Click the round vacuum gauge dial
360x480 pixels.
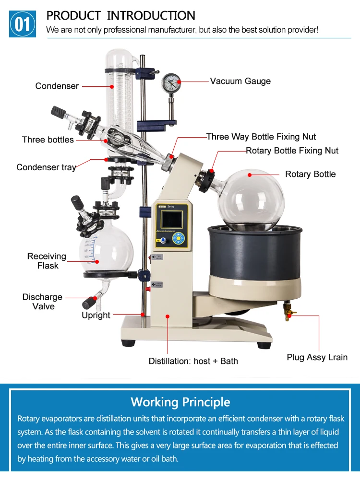pos(170,83)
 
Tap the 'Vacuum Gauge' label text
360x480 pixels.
pos(240,81)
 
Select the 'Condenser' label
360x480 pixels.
pos(57,86)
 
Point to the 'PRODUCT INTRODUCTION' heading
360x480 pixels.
pos(120,15)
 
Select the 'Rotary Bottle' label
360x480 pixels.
pos(310,174)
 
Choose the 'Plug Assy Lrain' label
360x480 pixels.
pos(317,357)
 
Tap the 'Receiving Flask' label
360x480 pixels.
pos(47,261)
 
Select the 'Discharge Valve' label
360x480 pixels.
pos(43,302)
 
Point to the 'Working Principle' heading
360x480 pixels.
pos(180,402)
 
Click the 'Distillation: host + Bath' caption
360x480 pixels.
pos(193,361)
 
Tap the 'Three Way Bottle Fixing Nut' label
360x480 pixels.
pos(261,137)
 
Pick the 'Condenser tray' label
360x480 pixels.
pos(46,167)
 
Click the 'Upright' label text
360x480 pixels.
pos(96,316)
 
